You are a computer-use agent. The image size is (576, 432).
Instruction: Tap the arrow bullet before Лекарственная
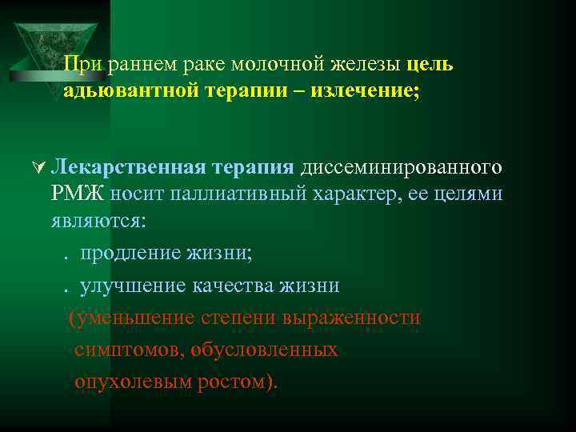click(37, 168)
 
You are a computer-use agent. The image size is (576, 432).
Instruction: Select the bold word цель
click(430, 64)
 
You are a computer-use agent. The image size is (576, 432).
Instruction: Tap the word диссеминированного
click(401, 167)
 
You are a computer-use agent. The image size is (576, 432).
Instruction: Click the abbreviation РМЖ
click(78, 193)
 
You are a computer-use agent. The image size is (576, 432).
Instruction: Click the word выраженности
click(351, 318)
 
